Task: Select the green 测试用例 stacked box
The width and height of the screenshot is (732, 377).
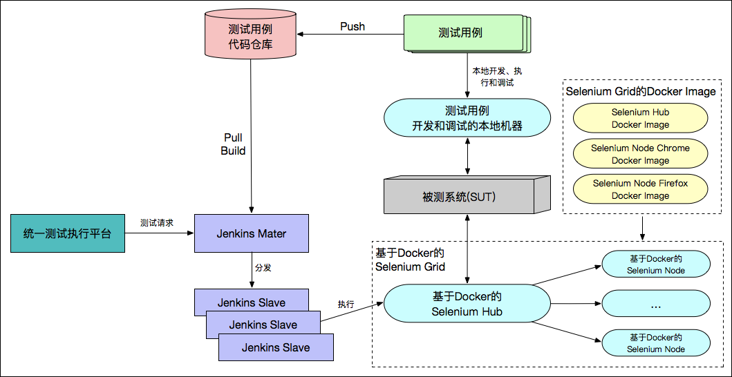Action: [x=460, y=33]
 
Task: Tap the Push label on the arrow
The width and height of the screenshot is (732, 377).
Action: [x=353, y=27]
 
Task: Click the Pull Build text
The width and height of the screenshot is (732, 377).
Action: [x=233, y=144]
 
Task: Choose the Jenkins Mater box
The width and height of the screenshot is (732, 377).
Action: [x=252, y=233]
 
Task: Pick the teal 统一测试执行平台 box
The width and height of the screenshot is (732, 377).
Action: [x=67, y=233]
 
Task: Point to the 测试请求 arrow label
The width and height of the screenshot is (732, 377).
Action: [x=157, y=223]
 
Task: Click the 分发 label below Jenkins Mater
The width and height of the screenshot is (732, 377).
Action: [x=263, y=267]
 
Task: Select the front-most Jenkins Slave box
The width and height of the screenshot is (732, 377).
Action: [x=276, y=347]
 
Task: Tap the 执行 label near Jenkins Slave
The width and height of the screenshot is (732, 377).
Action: [x=346, y=304]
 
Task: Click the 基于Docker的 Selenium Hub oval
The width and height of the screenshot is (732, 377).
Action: [x=467, y=304]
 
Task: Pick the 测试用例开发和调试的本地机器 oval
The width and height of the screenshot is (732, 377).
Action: [x=467, y=117]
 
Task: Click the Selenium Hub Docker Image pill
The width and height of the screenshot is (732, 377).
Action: [x=640, y=118]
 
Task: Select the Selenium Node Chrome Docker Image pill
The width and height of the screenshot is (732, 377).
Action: [x=640, y=154]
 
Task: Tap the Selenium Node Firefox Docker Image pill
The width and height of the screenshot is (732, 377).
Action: [x=640, y=189]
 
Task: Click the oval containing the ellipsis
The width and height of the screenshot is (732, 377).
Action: [x=656, y=304]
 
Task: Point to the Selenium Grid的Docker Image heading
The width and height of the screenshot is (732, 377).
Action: [x=641, y=92]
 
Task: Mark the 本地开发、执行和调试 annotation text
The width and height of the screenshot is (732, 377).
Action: [x=492, y=77]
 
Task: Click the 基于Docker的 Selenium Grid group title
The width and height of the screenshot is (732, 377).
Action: [x=410, y=260]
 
